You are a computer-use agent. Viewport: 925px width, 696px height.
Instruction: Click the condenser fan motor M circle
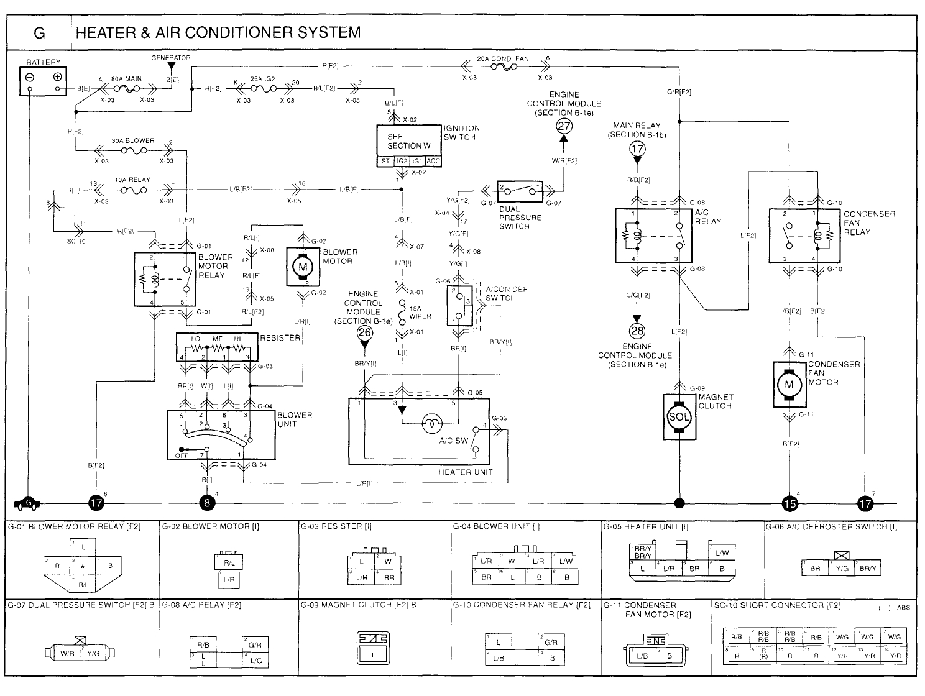(x=789, y=385)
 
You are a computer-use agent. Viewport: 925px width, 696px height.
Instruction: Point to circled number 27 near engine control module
(x=564, y=126)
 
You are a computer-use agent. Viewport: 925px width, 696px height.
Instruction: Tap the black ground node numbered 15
(x=789, y=503)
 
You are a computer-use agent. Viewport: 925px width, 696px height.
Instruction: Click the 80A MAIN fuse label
(x=126, y=80)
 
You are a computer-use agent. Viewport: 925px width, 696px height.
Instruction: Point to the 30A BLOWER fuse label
(x=133, y=141)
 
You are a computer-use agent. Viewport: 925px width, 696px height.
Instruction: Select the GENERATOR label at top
(x=171, y=58)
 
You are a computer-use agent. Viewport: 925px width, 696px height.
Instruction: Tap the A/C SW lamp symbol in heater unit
(x=430, y=424)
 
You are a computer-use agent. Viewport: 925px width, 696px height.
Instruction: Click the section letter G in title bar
(x=39, y=32)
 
